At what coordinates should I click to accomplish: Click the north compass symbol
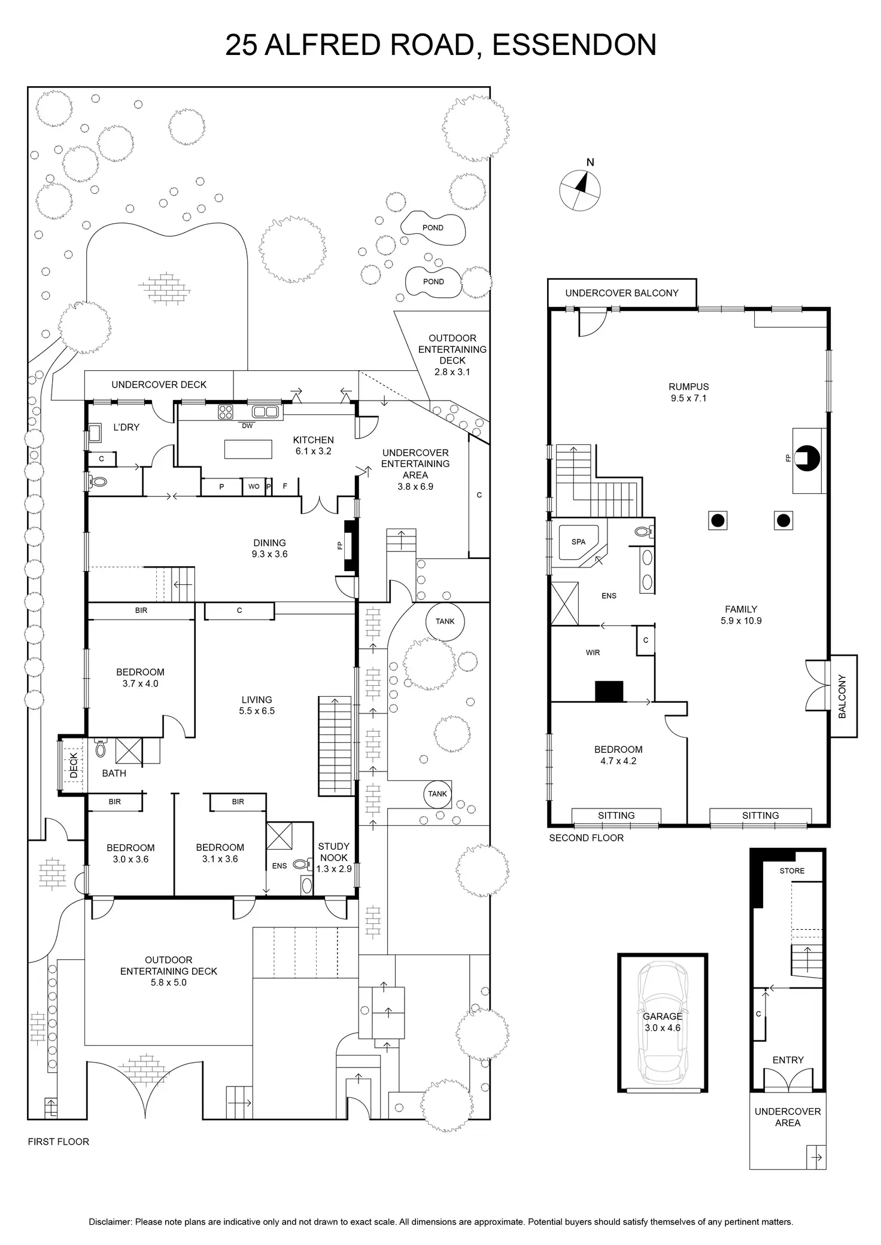pos(579,190)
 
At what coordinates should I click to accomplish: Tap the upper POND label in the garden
pos(433,228)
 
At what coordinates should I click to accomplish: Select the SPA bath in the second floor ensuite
pos(578,542)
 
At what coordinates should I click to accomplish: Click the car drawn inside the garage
pos(663,1023)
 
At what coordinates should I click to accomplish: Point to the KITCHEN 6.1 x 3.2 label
pos(313,445)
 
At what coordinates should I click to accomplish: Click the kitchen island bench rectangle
pos(248,448)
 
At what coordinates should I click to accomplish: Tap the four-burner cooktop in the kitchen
pos(226,411)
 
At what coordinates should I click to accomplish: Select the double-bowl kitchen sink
pos(265,411)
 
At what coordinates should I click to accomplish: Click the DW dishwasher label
pos(247,426)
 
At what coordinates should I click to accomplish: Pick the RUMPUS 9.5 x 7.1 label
pos(688,392)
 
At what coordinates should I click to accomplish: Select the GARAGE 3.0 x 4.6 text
pos(663,1022)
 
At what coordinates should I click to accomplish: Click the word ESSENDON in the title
pos(574,45)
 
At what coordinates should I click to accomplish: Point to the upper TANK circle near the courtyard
pos(445,621)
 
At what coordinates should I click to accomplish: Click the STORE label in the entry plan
pos(792,871)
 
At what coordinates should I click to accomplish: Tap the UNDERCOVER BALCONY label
pos(622,293)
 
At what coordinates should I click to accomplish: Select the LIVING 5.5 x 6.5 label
pos(257,705)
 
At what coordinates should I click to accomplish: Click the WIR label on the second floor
pos(593,652)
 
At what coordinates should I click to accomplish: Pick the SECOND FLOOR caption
pos(586,838)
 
